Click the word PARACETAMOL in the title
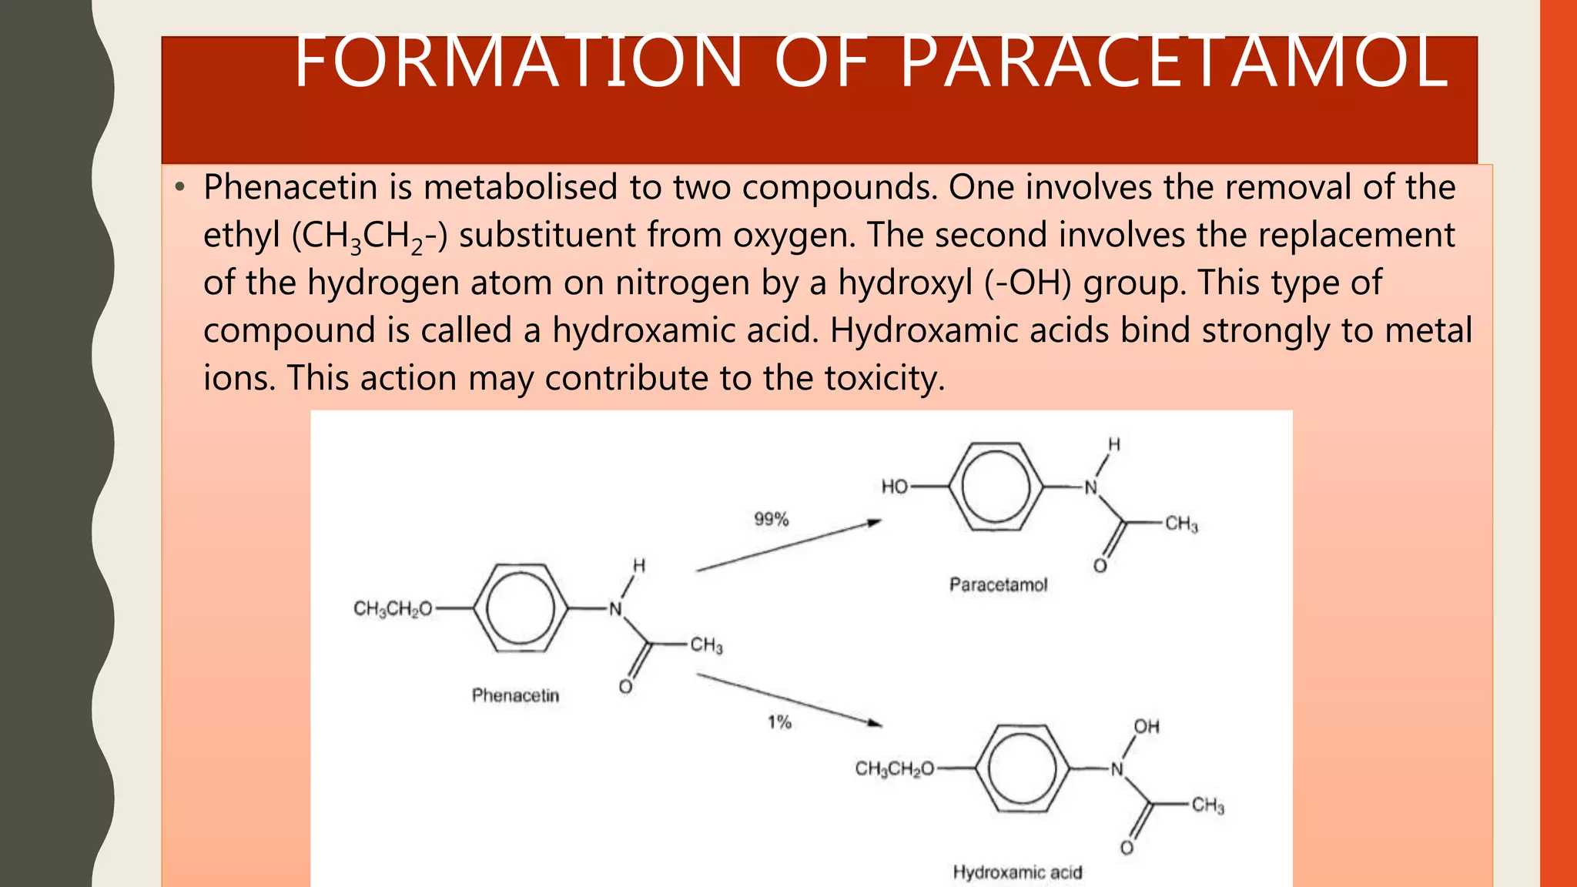pyautogui.click(x=1174, y=62)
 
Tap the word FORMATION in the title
pyautogui.click(x=517, y=62)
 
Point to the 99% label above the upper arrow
pyautogui.click(x=771, y=519)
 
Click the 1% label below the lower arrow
pyautogui.click(x=779, y=722)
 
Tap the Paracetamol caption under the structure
pyautogui.click(x=998, y=585)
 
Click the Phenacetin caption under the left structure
pyautogui.click(x=515, y=696)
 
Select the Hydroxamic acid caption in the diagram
pyautogui.click(x=1017, y=872)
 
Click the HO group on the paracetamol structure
pyautogui.click(x=895, y=487)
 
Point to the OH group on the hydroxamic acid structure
pyautogui.click(x=1146, y=727)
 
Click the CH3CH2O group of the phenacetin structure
pyautogui.click(x=393, y=609)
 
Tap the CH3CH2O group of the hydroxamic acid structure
pyautogui.click(x=894, y=768)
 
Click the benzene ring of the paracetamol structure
pyautogui.click(x=996, y=487)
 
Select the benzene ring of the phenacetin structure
pyautogui.click(x=521, y=608)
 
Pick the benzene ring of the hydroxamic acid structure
pyautogui.click(x=1022, y=768)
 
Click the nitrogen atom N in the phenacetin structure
pyautogui.click(x=615, y=610)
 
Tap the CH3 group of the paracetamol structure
pyautogui.click(x=1181, y=524)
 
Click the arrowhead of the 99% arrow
pyautogui.click(x=874, y=523)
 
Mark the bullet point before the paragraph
pyautogui.click(x=179, y=187)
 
